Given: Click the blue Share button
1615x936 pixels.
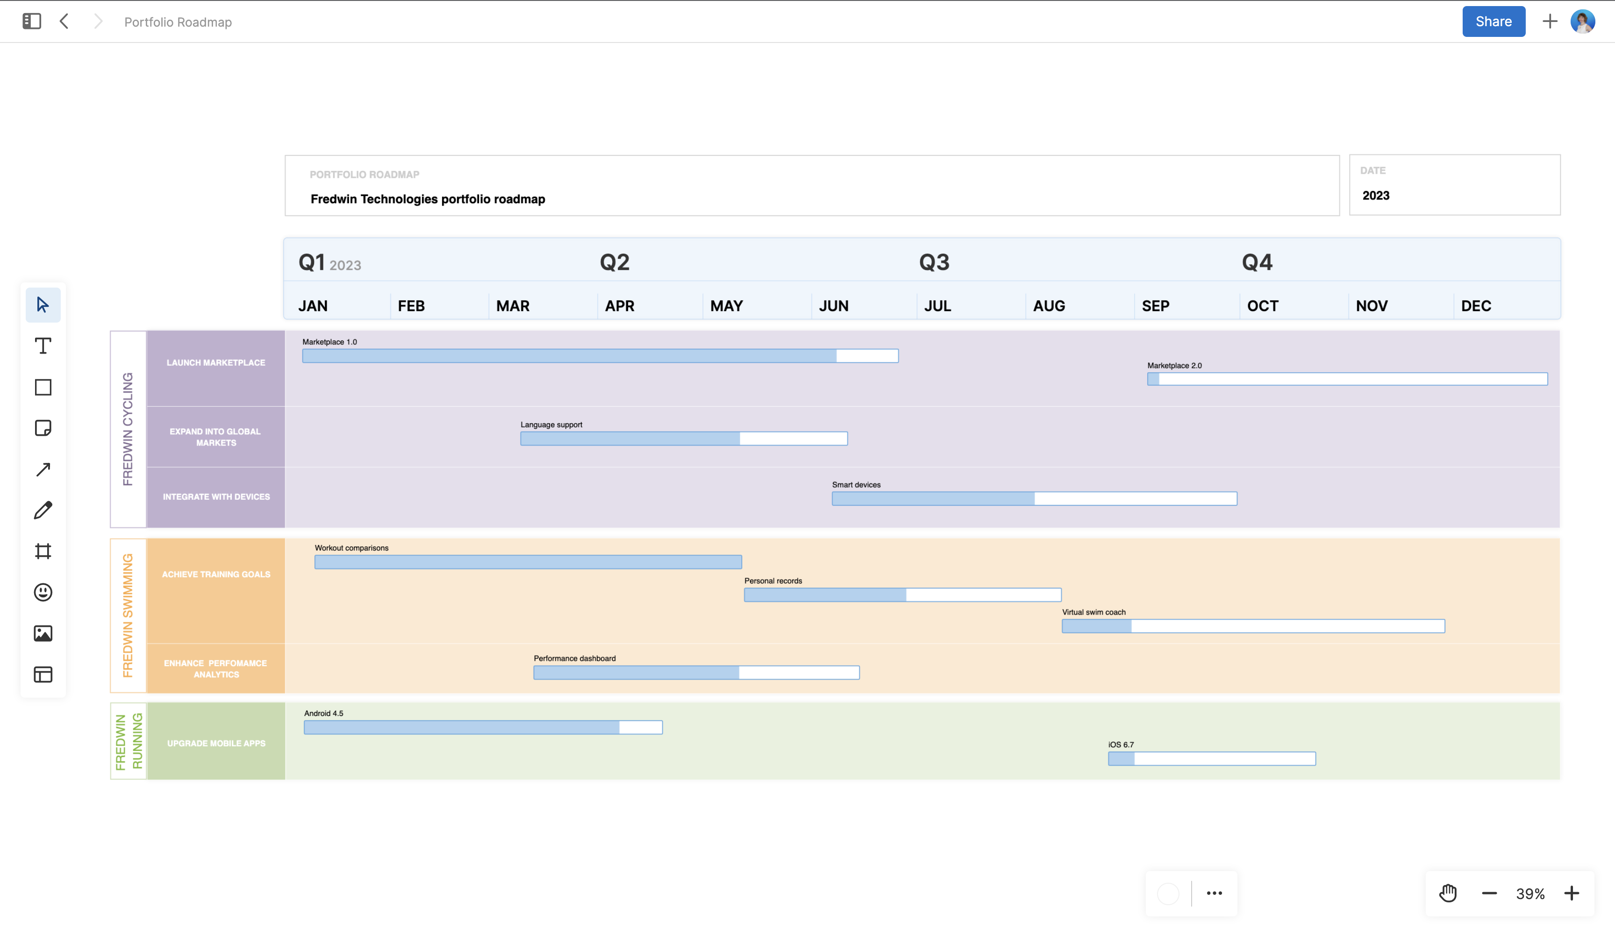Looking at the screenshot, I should click(1493, 22).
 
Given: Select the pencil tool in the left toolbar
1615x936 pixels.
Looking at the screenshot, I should click(43, 511).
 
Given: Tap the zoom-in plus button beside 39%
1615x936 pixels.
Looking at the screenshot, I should click(1572, 893).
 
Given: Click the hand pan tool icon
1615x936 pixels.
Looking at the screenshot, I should click(1448, 893).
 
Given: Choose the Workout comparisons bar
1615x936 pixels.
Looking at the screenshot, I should click(528, 562).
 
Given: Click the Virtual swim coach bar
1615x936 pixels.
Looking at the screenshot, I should click(1253, 626).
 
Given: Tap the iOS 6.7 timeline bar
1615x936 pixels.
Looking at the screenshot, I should click(1211, 759).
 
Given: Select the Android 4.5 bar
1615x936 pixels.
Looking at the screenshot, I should click(483, 728).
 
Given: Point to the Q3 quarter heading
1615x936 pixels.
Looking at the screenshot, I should click(934, 262).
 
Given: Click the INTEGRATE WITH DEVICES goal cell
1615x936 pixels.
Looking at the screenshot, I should click(216, 497).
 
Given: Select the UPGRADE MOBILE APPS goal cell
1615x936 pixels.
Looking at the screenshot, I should click(216, 743).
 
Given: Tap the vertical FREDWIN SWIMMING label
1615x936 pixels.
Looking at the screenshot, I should click(128, 615).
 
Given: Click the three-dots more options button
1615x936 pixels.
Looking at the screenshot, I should click(1214, 893).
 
